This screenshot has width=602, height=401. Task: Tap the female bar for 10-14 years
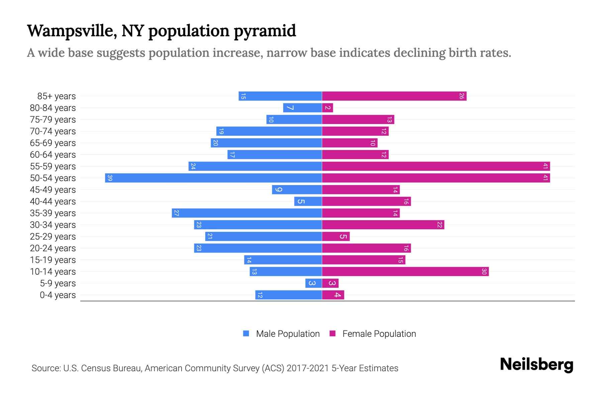pyautogui.click(x=405, y=272)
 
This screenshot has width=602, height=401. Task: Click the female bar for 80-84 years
pyautogui.click(x=327, y=108)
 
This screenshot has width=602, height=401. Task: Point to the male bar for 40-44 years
pyautogui.click(x=308, y=202)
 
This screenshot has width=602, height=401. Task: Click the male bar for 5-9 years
pyautogui.click(x=313, y=283)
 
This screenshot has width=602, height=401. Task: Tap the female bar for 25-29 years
pyautogui.click(x=336, y=237)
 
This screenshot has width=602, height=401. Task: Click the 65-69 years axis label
pyautogui.click(x=53, y=143)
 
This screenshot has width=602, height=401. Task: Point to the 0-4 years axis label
pyautogui.click(x=58, y=295)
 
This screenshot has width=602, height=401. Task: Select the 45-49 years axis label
pyautogui.click(x=53, y=190)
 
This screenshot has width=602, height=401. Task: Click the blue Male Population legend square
pyautogui.click(x=246, y=333)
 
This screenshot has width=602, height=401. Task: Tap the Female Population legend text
pyautogui.click(x=379, y=334)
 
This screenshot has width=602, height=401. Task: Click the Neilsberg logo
pyautogui.click(x=536, y=365)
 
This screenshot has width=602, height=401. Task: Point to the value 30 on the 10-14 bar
pyautogui.click(x=484, y=272)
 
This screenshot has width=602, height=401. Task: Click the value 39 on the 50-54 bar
pyautogui.click(x=110, y=178)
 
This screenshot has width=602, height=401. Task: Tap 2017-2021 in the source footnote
pyautogui.click(x=308, y=368)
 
